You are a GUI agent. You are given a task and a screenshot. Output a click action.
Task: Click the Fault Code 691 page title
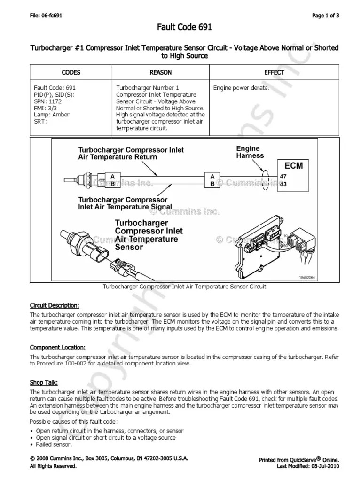[x=184, y=28]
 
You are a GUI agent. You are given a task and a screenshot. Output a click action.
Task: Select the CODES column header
[x=71, y=72]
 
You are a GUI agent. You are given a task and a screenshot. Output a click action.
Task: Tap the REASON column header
[x=160, y=72]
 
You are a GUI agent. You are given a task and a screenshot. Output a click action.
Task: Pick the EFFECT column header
[x=274, y=72]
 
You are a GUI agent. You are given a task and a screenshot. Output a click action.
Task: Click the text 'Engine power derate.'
[x=241, y=88]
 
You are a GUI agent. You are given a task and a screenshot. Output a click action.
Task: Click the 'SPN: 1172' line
[x=47, y=101]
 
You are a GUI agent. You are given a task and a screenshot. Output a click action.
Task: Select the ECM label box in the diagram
[x=293, y=166]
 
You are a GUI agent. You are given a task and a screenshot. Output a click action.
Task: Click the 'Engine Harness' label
[x=250, y=152]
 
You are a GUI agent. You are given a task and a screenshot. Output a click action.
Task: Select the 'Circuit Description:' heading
[x=55, y=305]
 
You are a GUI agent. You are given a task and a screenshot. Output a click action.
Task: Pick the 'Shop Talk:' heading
[x=44, y=382]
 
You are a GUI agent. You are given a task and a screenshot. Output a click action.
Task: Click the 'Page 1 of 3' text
[x=326, y=16]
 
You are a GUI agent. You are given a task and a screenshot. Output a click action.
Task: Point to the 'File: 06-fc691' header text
[x=46, y=16]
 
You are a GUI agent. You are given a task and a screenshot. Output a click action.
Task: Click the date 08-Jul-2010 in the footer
[x=324, y=466]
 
